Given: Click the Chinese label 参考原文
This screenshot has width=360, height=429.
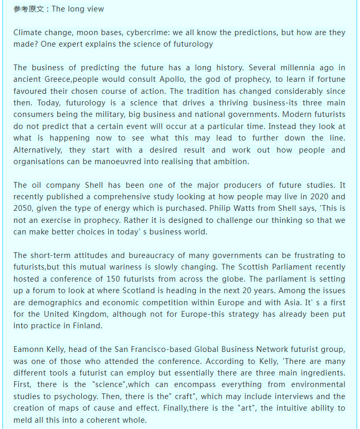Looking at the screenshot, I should pyautogui.click(x=29, y=9).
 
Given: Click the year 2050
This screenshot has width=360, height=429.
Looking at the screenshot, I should pyautogui.click(x=26, y=209).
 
